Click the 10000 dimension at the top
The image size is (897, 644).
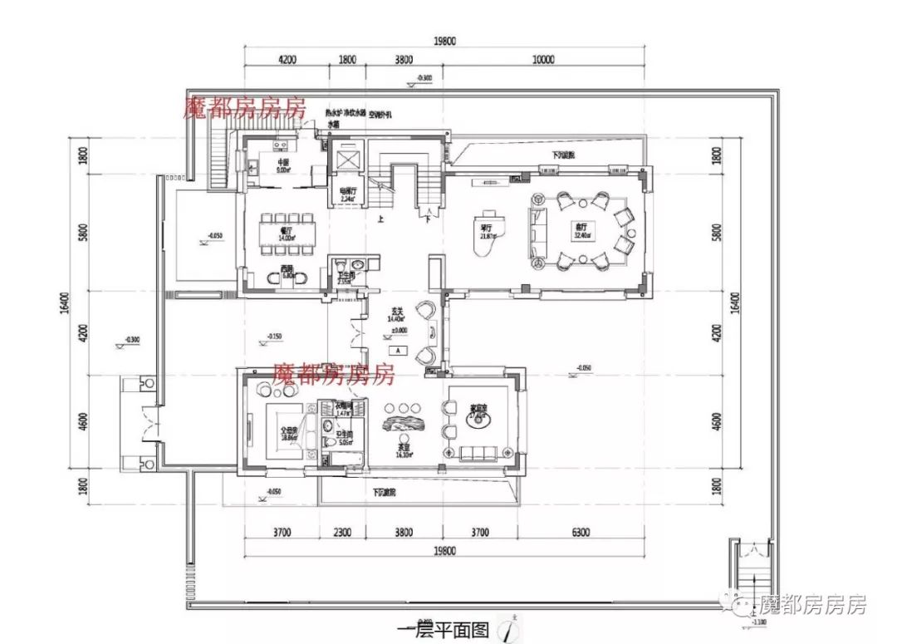coord(543,59)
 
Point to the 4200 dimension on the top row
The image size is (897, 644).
coord(287,59)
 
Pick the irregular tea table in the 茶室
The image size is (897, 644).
coord(401,428)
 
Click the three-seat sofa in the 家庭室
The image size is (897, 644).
coord(479,453)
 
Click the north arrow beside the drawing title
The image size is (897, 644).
coord(507,630)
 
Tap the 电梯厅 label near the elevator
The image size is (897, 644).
coord(346,192)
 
